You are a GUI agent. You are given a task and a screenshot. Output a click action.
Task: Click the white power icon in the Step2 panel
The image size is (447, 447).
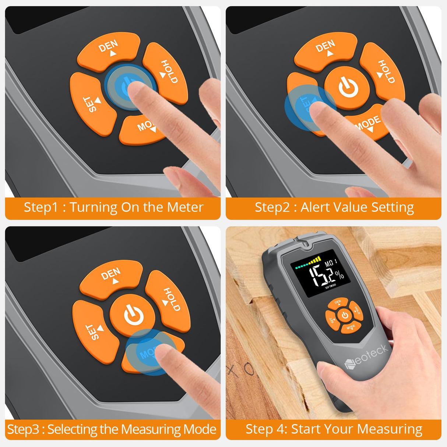[x=348, y=88]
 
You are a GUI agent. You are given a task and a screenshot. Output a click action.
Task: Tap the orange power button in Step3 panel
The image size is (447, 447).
[x=133, y=315]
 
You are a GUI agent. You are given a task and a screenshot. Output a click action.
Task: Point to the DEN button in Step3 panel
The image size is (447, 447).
[x=112, y=276]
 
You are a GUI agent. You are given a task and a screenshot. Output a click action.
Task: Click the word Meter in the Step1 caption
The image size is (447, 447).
[x=185, y=207]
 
